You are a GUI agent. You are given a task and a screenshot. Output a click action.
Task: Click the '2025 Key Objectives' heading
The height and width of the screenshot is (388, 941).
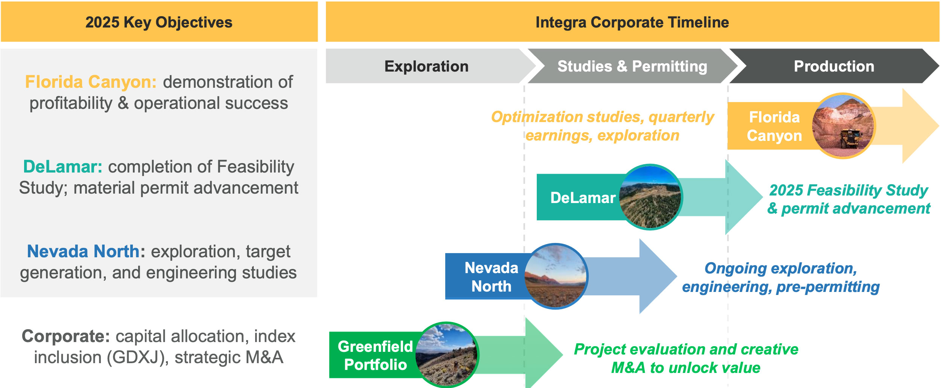tap(159, 22)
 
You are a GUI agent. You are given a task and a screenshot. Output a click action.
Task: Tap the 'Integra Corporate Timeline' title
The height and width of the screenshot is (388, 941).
tap(632, 22)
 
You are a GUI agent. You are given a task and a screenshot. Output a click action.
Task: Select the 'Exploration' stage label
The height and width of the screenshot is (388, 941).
tap(426, 66)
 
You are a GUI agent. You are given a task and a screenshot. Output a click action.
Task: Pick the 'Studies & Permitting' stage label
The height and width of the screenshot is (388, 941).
tap(632, 66)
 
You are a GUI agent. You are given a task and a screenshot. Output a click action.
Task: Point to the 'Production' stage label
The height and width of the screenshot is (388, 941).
tap(834, 66)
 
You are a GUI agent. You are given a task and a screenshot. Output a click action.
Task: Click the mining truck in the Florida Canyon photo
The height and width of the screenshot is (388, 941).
tap(851, 139)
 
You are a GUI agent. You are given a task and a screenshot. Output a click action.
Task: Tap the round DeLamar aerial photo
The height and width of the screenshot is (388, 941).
tap(650, 197)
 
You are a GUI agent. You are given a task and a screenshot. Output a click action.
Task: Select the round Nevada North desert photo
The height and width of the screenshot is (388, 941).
tap(556, 276)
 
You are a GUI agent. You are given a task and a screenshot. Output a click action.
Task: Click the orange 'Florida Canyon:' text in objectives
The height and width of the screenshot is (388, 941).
tap(91, 82)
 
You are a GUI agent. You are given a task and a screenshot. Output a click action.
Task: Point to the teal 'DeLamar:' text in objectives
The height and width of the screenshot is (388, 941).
tap(63, 167)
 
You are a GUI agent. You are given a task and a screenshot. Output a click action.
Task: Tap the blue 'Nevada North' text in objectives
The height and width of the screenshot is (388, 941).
tap(83, 251)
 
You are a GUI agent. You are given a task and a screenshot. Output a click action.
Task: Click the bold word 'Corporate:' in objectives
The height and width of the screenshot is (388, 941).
tap(66, 336)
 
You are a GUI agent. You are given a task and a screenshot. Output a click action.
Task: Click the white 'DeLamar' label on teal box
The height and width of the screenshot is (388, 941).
tap(583, 198)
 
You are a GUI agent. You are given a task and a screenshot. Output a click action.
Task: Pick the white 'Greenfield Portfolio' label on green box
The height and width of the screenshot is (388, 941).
tap(375, 356)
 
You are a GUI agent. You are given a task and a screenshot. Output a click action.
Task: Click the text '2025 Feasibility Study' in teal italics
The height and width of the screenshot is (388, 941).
tap(849, 191)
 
